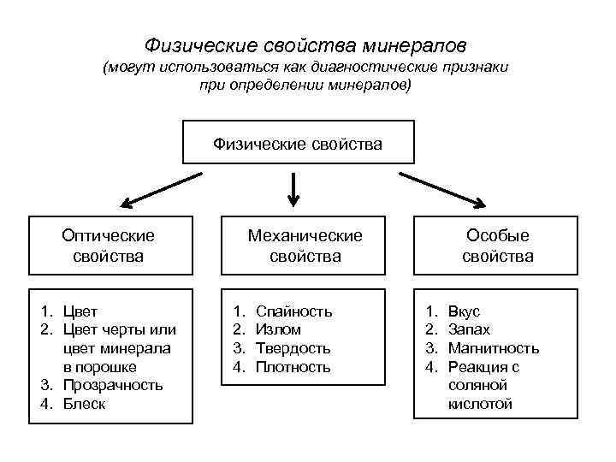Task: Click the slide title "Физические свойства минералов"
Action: click(305, 43)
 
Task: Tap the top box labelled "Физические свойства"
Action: click(298, 142)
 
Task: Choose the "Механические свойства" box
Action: click(305, 245)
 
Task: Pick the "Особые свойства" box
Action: click(497, 245)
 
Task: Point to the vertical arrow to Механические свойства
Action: click(293, 189)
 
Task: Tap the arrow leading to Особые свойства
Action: click(442, 190)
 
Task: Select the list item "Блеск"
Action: click(84, 404)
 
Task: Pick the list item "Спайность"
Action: click(293, 311)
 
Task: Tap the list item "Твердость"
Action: click(293, 348)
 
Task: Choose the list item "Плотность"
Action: click(293, 367)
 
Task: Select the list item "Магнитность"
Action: click(494, 348)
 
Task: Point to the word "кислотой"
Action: click(479, 404)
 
